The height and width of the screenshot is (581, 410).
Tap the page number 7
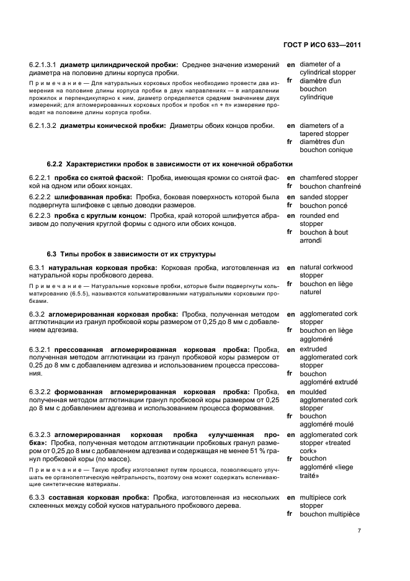pos(359,531)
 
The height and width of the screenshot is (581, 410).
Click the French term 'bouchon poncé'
pos(323,205)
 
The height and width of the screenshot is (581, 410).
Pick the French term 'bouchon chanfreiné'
pos(330,186)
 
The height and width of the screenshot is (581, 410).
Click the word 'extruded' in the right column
pos(313,349)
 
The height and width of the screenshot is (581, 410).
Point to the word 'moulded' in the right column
pos(313,392)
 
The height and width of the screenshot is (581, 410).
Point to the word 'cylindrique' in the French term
pos(316,97)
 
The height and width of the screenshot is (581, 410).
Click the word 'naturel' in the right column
pos(311,291)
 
